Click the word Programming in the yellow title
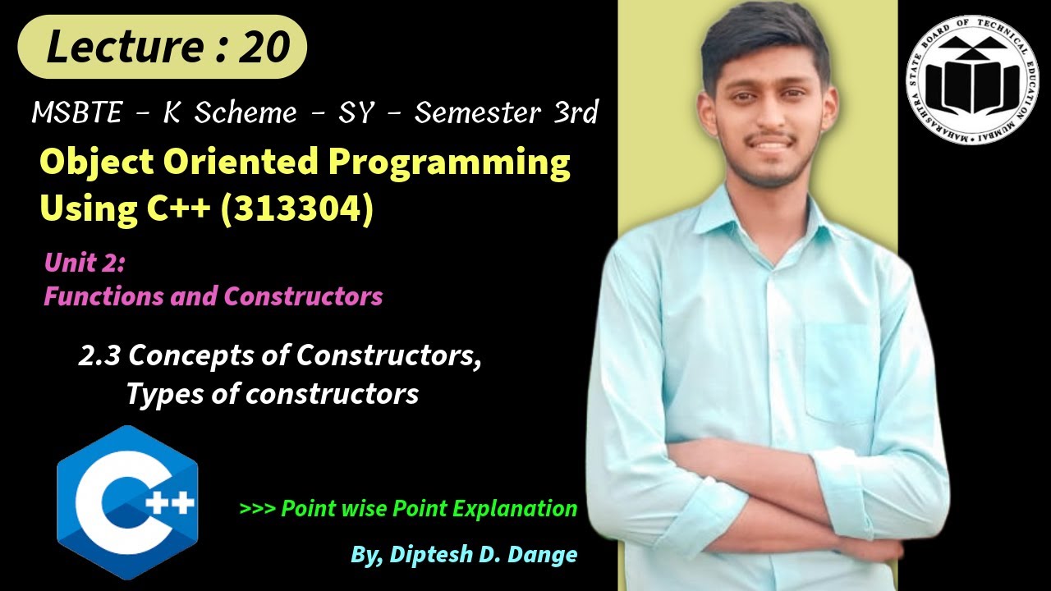pos(449,163)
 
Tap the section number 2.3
pos(99,355)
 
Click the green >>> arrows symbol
pos(257,508)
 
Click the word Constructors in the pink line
pos(303,295)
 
